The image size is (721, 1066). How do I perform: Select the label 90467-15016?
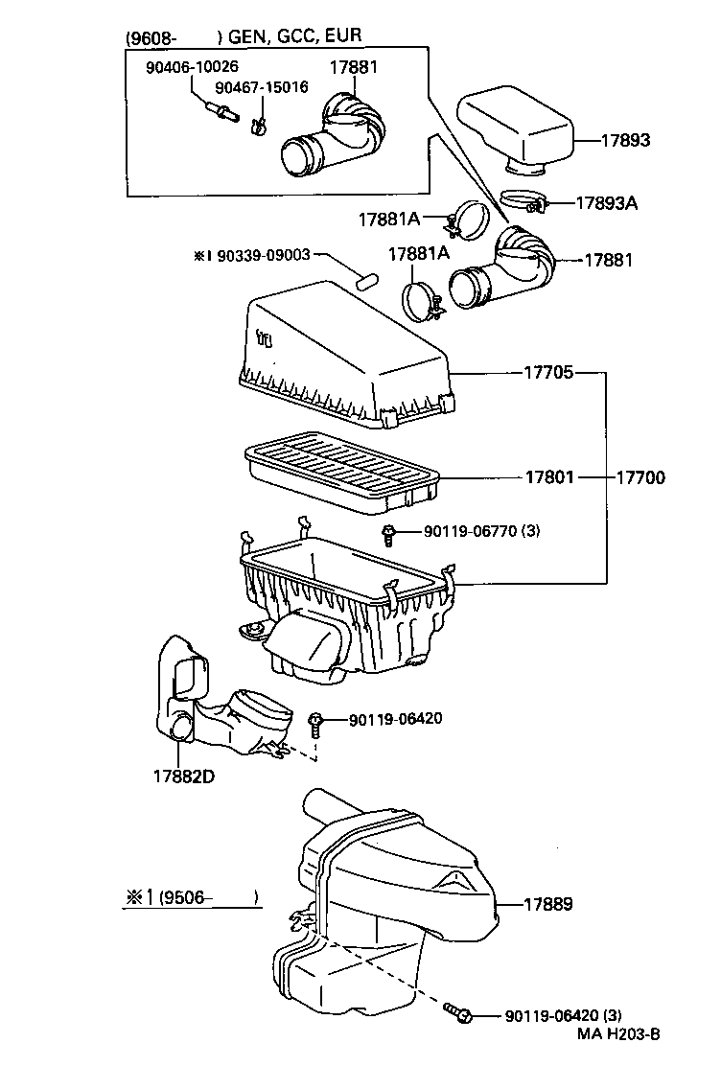[x=261, y=87]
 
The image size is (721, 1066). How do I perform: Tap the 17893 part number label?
[x=625, y=140]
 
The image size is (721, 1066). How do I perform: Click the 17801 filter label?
[x=548, y=476]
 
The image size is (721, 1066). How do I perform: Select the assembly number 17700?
[x=640, y=476]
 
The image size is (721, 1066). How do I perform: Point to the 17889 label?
[x=548, y=903]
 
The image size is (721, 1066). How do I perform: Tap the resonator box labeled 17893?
[x=518, y=129]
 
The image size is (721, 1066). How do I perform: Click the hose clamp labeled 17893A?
[x=523, y=202]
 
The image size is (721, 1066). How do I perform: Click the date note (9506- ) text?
[x=190, y=897]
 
